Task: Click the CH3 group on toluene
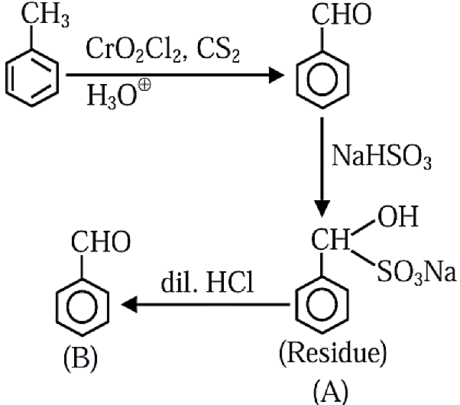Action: point(46,15)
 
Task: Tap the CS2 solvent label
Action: point(219,50)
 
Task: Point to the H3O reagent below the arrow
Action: point(112,96)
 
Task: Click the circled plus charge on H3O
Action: point(144,85)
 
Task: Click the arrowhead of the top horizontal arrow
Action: point(277,76)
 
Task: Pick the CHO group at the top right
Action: point(342,15)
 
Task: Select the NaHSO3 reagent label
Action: point(381,157)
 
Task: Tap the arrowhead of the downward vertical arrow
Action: point(322,209)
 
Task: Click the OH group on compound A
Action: point(398,216)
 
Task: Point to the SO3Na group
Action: point(416,272)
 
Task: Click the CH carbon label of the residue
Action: point(331,240)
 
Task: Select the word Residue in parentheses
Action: point(332,353)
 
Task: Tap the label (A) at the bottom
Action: point(331,391)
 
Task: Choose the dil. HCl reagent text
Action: point(208,283)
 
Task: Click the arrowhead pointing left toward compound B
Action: point(129,304)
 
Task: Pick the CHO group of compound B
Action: point(101,241)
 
